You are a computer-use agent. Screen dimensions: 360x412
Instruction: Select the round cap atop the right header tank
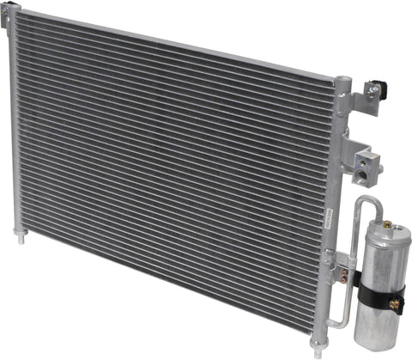pyautogui.click(x=342, y=82)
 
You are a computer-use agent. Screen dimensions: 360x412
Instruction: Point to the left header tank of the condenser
pyautogui.click(x=17, y=129)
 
